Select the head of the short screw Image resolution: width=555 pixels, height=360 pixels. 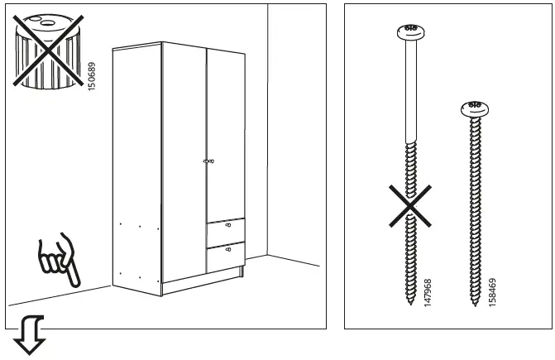474,108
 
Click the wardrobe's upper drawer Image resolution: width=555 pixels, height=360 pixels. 225,230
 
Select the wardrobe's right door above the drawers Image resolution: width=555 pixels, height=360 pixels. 225,132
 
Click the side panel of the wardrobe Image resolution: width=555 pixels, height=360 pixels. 136,166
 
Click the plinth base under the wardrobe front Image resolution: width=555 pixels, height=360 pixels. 203,286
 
